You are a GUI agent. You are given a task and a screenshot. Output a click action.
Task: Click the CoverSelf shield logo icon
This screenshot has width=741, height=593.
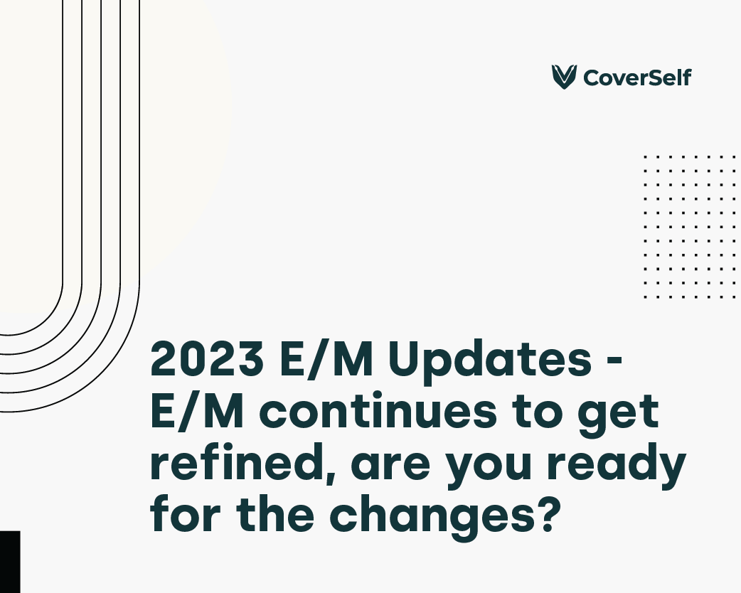click(x=564, y=77)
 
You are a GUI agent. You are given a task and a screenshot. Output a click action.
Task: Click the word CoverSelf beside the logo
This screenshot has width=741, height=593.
click(x=637, y=78)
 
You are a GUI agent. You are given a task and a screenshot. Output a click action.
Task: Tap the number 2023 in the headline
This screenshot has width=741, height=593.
click(x=207, y=358)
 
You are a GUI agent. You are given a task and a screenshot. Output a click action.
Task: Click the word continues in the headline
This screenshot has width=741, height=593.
click(x=378, y=411)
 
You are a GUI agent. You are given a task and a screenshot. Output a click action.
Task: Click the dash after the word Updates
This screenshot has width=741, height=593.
click(x=613, y=362)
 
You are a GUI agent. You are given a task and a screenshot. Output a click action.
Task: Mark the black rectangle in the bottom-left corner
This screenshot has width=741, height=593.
click(x=10, y=562)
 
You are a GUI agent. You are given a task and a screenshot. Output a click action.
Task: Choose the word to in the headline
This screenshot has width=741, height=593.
click(x=538, y=413)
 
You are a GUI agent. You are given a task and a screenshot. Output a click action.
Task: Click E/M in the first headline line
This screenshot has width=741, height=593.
click(x=326, y=358)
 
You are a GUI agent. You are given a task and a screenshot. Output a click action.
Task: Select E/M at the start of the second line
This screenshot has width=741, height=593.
click(x=197, y=410)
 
